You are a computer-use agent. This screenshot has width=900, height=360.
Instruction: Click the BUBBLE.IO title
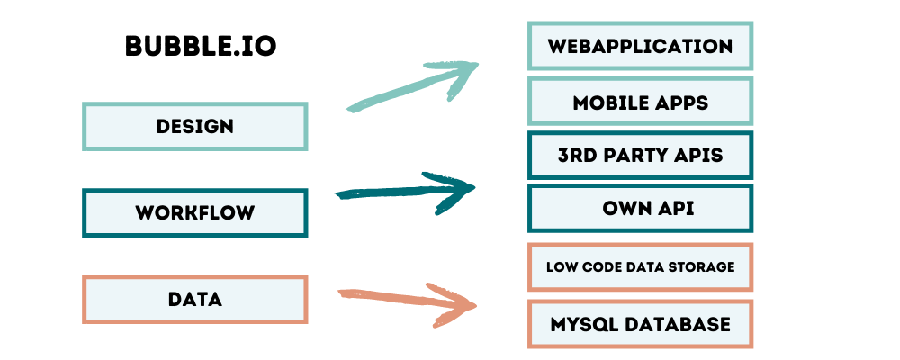(x=200, y=47)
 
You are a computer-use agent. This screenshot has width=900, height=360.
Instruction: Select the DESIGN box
(x=194, y=126)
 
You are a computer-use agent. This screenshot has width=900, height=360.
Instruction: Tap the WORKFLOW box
(x=194, y=213)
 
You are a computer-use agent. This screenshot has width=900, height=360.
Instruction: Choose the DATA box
(x=194, y=299)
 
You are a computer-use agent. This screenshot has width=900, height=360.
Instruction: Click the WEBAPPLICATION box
(x=640, y=46)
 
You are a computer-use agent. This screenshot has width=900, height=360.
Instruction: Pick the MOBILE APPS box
(x=640, y=101)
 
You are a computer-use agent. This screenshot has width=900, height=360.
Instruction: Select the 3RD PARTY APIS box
(x=640, y=155)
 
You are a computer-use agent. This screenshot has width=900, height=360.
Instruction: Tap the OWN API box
(x=640, y=209)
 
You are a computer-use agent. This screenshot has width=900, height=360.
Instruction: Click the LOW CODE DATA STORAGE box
(x=640, y=266)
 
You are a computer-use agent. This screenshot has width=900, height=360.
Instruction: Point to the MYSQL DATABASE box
(x=640, y=324)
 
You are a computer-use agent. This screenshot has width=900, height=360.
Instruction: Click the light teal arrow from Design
(x=414, y=86)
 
